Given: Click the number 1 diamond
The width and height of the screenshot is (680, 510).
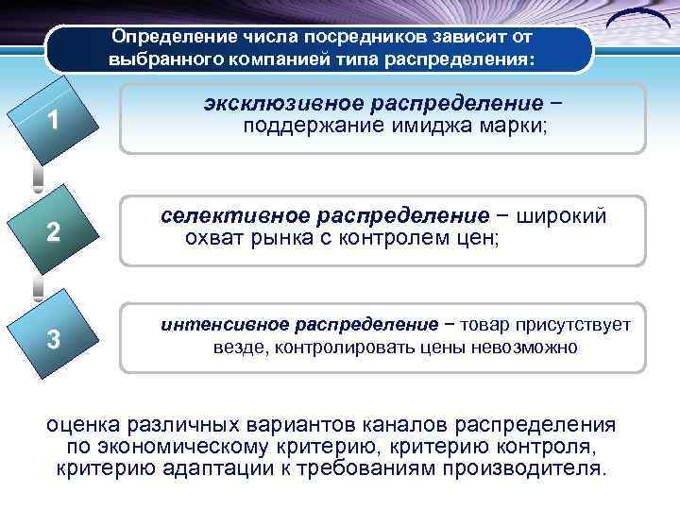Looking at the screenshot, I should coord(56,121).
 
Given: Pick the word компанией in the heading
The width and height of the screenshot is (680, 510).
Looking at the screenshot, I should coord(294,59).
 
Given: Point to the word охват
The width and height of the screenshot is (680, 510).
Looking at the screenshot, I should coord(212,238).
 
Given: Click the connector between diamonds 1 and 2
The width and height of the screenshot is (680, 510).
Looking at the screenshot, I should coord(38,177).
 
